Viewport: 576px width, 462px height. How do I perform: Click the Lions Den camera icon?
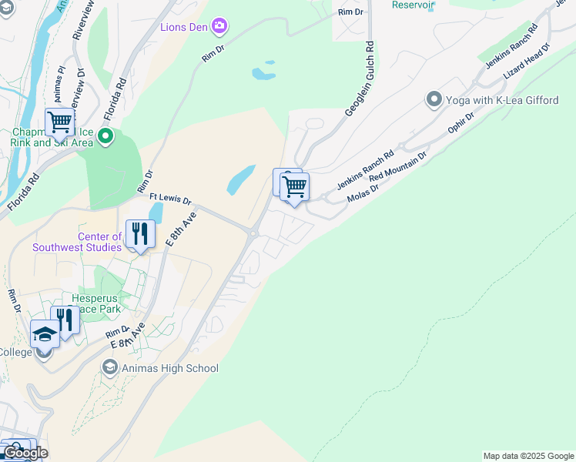[x=220, y=28]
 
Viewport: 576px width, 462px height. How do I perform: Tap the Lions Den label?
[x=185, y=28]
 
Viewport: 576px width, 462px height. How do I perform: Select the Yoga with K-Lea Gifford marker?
[x=434, y=100]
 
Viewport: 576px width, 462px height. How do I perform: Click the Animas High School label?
[x=169, y=368]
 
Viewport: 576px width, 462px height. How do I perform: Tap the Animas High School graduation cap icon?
[x=109, y=368]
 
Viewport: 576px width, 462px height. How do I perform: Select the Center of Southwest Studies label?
[x=77, y=242]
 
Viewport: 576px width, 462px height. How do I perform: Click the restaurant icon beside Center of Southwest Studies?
[x=140, y=234]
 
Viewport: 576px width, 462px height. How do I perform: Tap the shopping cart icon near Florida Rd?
[x=59, y=122]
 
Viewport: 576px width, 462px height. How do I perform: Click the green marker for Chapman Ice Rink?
[x=105, y=138]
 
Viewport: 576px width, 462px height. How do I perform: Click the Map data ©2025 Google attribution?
[x=528, y=456]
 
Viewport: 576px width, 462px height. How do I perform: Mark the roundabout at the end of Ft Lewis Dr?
[x=253, y=233]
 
